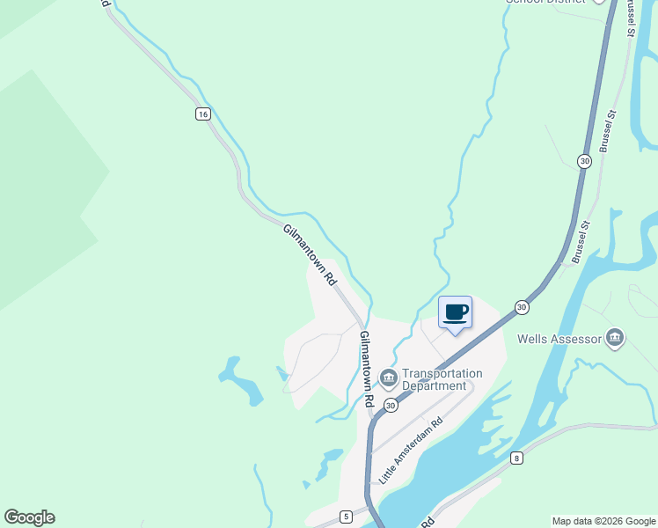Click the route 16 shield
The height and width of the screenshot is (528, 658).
point(203,114)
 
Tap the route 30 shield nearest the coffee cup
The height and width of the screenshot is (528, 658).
point(522,307)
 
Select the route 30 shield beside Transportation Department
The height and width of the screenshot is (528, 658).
point(390,402)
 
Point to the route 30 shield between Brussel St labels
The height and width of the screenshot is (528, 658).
point(584,161)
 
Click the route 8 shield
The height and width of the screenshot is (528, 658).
point(516,457)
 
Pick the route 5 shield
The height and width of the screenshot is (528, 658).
point(346,515)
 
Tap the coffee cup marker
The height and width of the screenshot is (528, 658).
point(455,312)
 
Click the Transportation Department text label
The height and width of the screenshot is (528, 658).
point(434,379)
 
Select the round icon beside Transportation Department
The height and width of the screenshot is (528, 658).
point(388,378)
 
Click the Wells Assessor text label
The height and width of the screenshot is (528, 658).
point(559,339)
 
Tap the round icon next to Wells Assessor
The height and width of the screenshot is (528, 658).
point(615,338)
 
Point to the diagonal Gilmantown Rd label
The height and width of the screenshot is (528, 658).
point(311,254)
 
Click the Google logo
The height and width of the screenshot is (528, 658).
point(29,517)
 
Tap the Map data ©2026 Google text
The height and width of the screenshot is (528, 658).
point(604,521)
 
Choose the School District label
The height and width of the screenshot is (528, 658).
point(545,2)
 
